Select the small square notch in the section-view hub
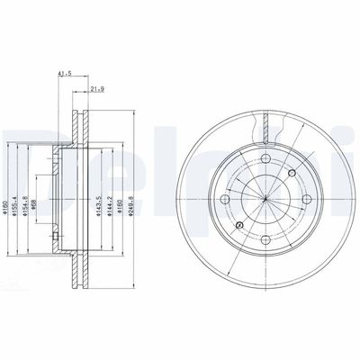56,237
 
